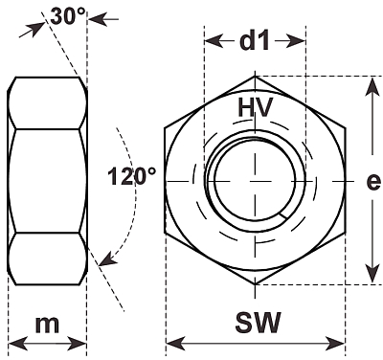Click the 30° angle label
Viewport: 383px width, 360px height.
(x=68, y=16)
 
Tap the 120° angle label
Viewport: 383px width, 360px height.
(x=132, y=176)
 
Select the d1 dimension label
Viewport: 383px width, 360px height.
(x=255, y=41)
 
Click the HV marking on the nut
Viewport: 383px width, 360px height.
(x=256, y=107)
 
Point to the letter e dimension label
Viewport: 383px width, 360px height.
(x=373, y=182)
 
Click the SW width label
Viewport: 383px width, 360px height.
(x=259, y=322)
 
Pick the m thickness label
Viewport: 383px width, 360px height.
(x=47, y=325)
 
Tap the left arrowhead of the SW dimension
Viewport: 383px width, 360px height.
(x=175, y=344)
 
